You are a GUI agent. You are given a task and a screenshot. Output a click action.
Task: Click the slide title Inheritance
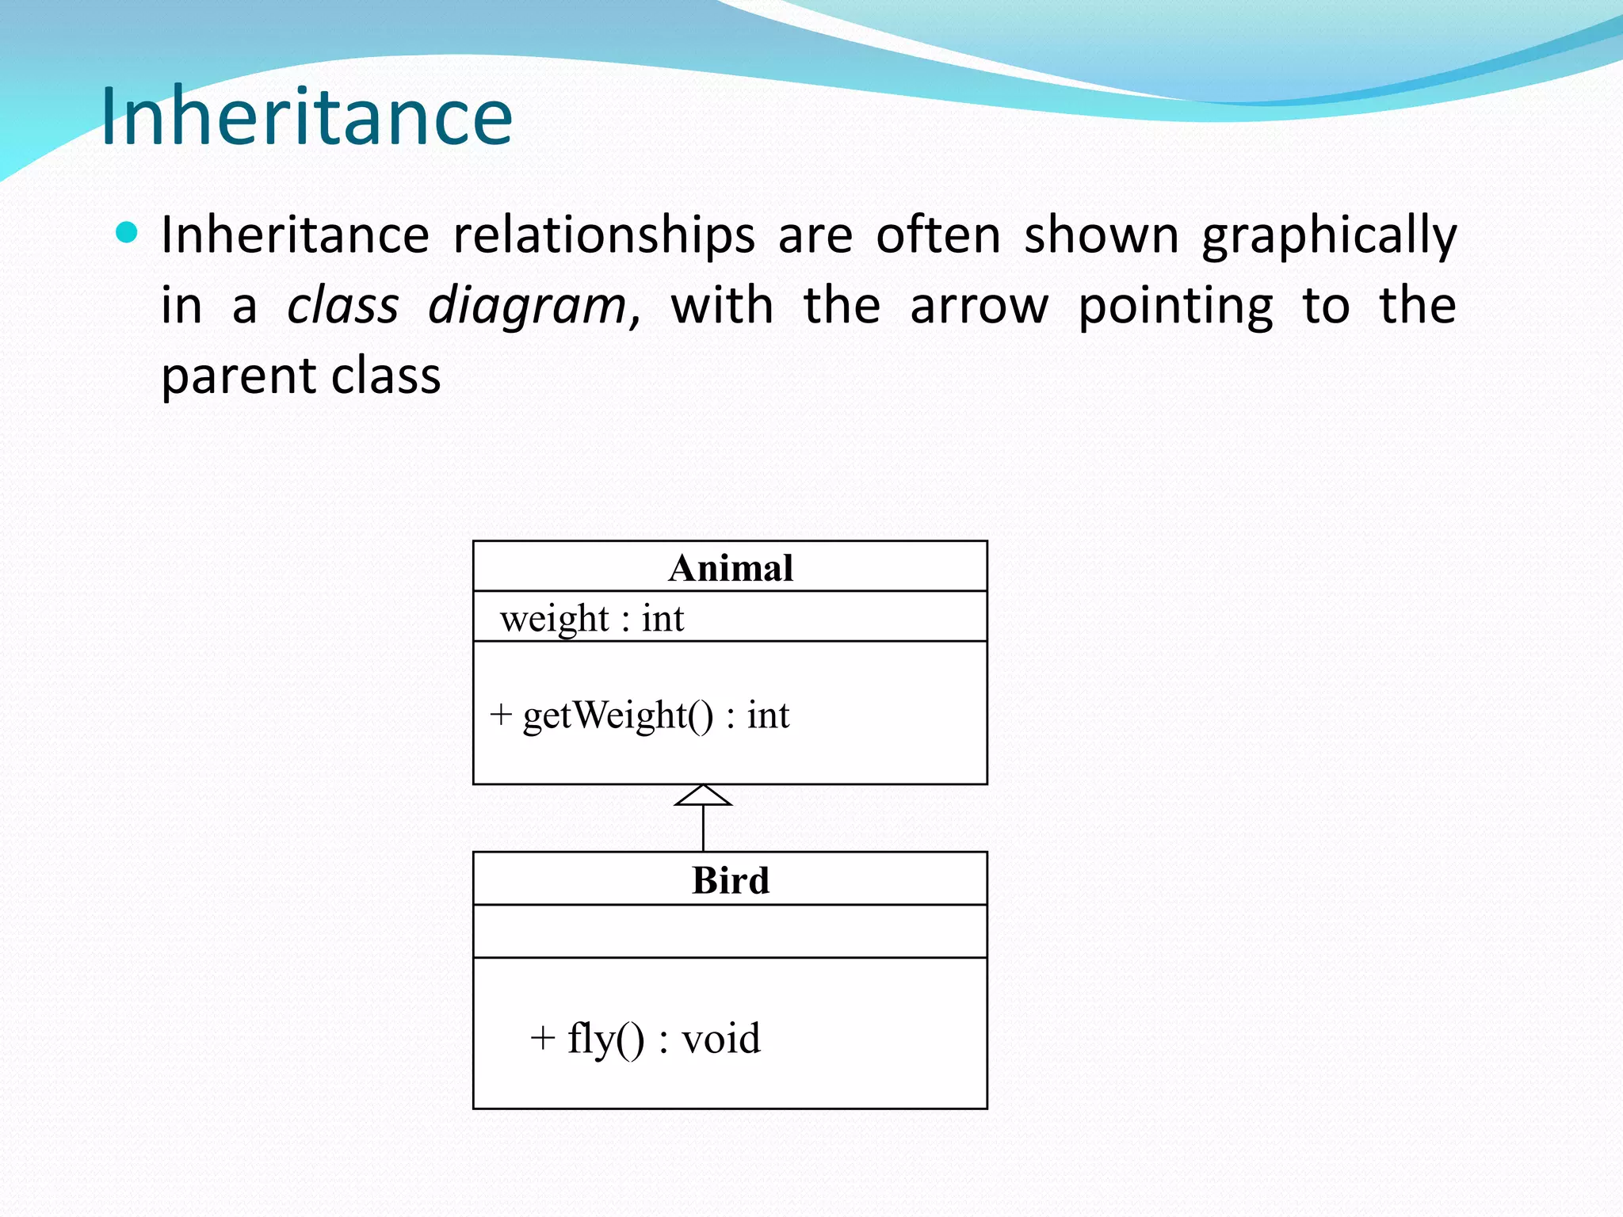307,116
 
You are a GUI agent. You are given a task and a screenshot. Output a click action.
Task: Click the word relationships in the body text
604,235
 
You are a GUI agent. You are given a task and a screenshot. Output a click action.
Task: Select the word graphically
1329,237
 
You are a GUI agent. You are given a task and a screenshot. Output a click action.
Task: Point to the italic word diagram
527,307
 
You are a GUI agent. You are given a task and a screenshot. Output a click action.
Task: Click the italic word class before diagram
342,306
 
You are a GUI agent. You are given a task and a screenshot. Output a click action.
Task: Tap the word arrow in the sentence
980,306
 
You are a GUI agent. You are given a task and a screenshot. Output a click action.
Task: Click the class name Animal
730,568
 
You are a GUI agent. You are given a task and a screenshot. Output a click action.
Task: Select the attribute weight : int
591,618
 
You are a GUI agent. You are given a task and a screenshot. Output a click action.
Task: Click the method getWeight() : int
655,715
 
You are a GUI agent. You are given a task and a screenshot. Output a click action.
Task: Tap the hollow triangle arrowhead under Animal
703,795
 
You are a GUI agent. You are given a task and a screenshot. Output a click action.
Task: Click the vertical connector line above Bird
703,829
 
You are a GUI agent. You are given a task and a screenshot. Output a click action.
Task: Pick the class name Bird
730,880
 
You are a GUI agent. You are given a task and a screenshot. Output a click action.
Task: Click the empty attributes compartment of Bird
730,931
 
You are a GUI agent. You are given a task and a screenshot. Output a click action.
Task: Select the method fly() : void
663,1039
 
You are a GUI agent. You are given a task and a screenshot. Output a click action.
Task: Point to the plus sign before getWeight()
500,715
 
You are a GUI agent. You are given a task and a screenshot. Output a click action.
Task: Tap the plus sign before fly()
542,1038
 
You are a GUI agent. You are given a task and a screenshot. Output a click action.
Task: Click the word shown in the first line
1102,235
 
